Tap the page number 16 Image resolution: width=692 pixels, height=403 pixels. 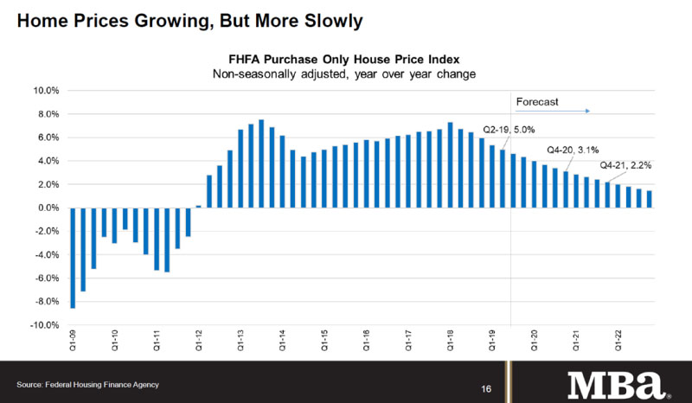[x=487, y=388]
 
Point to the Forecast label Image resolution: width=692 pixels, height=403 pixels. [x=537, y=102]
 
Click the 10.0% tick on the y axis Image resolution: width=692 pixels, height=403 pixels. [x=45, y=90]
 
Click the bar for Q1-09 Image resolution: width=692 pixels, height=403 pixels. [x=73, y=258]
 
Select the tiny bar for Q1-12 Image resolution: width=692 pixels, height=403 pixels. [x=198, y=206]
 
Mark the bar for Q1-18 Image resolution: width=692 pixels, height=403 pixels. [x=450, y=165]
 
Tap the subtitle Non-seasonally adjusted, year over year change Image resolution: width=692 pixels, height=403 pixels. [x=345, y=74]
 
